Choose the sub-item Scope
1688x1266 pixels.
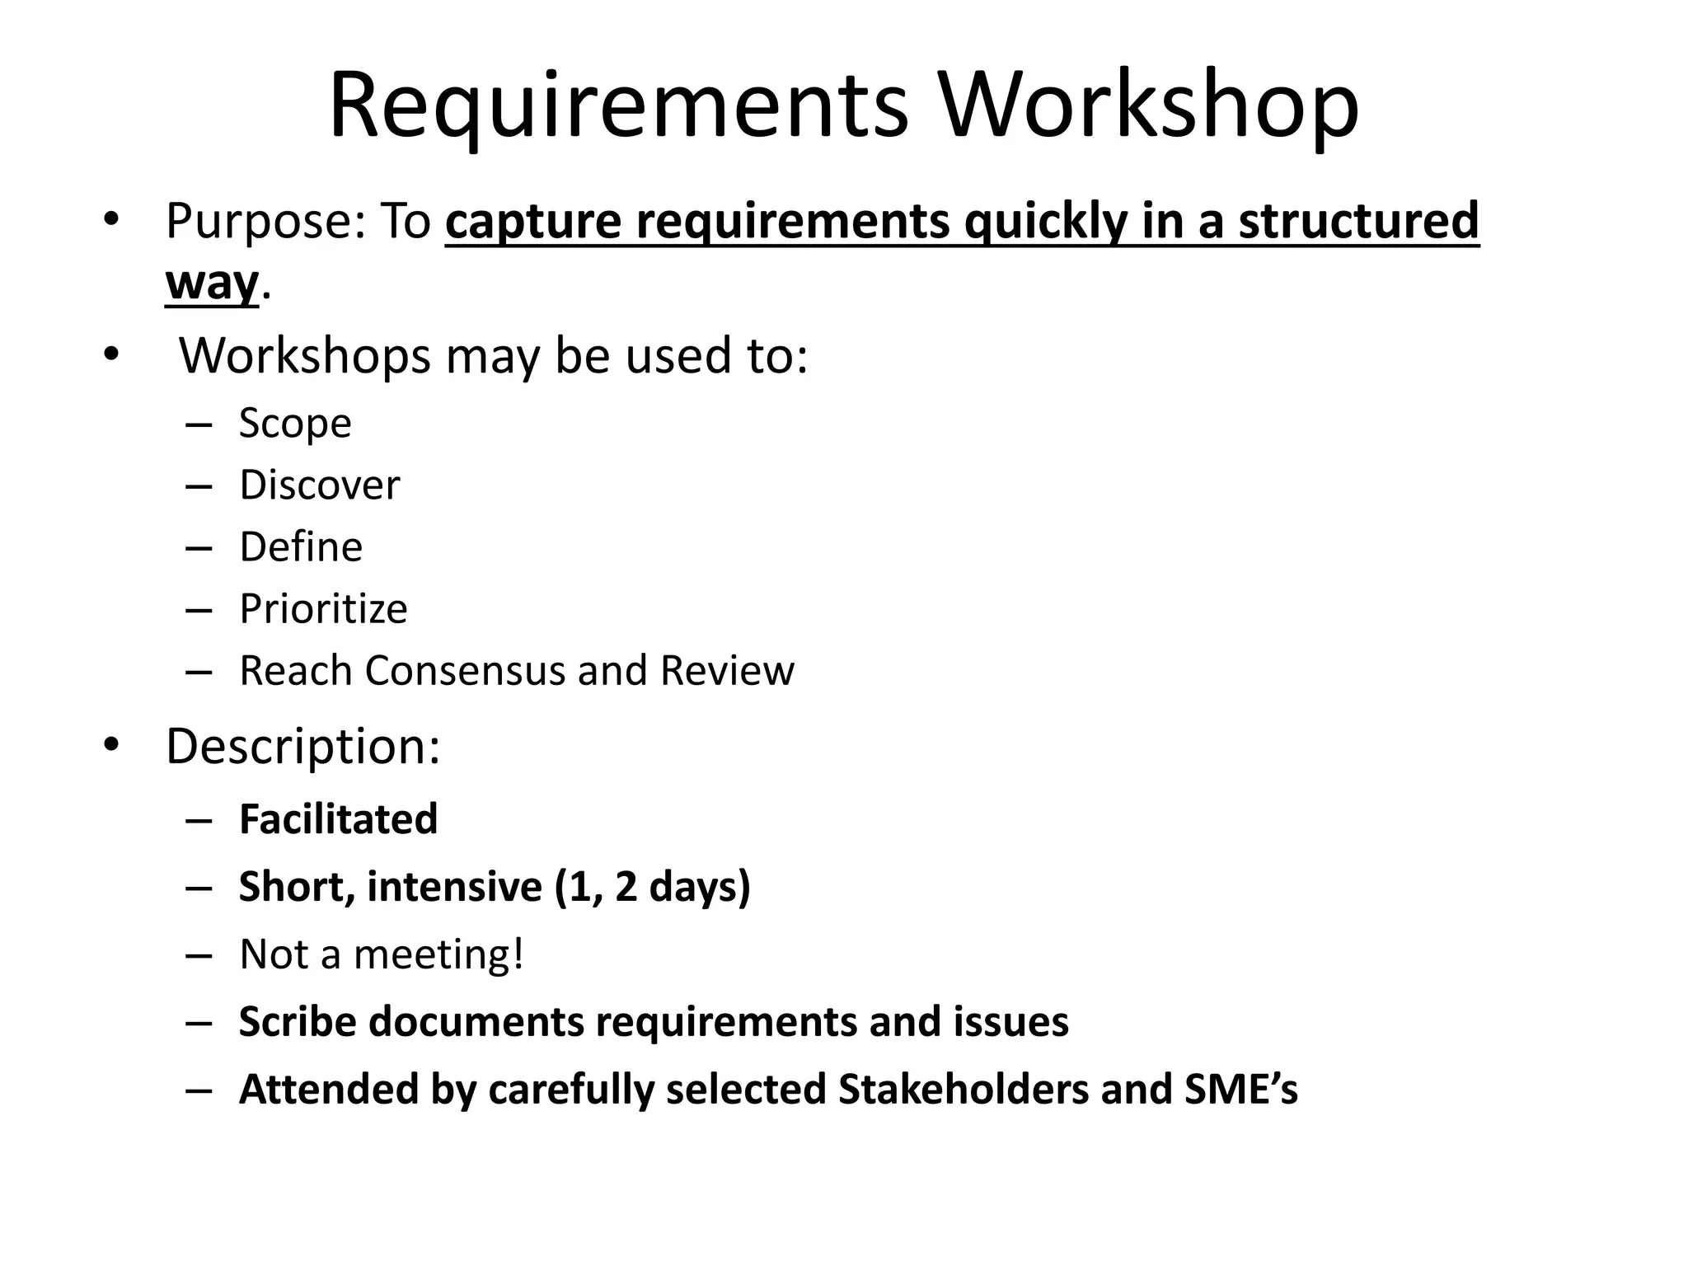click(x=295, y=424)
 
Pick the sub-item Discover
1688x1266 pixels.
click(x=319, y=485)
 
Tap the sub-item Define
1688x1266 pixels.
click(x=301, y=546)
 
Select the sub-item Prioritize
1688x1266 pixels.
click(x=323, y=609)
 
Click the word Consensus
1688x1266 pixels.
click(x=465, y=670)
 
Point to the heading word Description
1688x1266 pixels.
click(x=302, y=747)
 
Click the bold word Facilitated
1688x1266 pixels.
click(x=338, y=819)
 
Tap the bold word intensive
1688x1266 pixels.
click(x=454, y=887)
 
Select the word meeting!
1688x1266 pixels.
click(x=438, y=954)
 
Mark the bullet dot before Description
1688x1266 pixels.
click(x=112, y=745)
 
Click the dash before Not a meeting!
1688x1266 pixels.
click(x=199, y=955)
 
